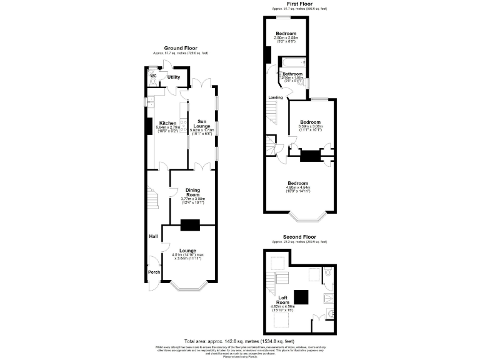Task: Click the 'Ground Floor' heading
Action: pos(181,48)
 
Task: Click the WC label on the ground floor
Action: pos(152,76)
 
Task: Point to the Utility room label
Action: pos(173,77)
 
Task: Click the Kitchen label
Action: pos(167,123)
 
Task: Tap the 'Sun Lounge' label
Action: pos(202,124)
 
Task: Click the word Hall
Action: pos(152,236)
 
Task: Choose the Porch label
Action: pos(154,272)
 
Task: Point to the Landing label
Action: pos(275,97)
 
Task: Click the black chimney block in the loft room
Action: pos(302,296)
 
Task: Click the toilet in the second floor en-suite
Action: pos(328,272)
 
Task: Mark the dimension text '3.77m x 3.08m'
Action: pos(193,199)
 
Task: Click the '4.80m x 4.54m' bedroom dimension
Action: pos(298,188)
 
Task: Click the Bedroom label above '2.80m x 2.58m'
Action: pos(285,33)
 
